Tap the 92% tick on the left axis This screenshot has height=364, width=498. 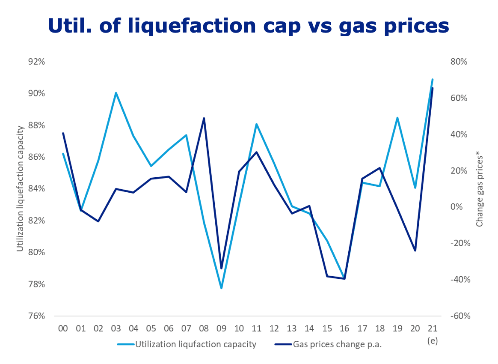tap(36, 62)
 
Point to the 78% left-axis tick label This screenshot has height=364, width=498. tap(36, 284)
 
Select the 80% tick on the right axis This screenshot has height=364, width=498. tap(459, 62)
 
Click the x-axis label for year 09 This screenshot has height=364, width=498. tap(221, 328)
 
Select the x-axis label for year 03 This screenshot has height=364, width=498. tap(116, 328)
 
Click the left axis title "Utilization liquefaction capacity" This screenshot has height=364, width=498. tap(20, 189)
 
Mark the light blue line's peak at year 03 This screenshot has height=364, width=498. tap(116, 93)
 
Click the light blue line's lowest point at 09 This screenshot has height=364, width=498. tap(221, 288)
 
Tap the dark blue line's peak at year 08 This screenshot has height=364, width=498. tap(204, 118)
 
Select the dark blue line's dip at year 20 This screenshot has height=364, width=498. tap(415, 251)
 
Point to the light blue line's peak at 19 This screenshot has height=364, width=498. tap(397, 118)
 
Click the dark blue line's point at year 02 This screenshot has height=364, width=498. tap(98, 221)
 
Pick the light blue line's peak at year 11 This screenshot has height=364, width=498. tap(256, 124)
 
